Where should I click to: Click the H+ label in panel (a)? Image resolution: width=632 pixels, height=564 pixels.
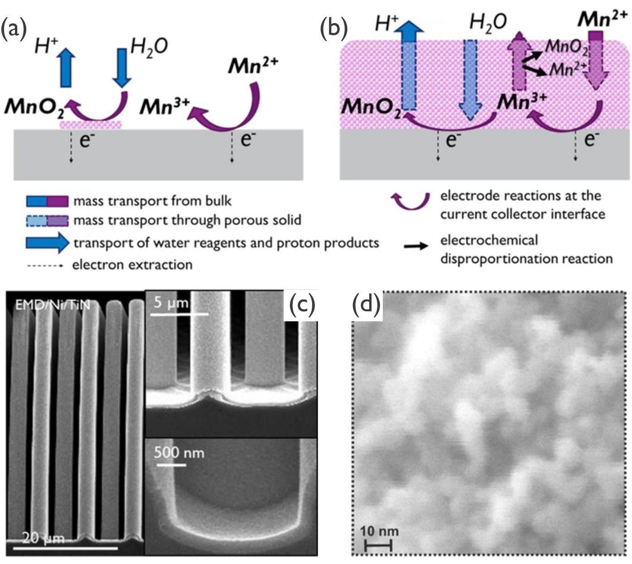(x=47, y=46)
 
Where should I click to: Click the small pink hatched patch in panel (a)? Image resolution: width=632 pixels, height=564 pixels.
(x=91, y=124)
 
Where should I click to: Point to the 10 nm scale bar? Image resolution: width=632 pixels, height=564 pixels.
(x=378, y=546)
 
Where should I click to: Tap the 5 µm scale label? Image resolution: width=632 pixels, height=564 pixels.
(x=170, y=303)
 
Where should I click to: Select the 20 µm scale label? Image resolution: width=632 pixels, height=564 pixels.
(x=43, y=538)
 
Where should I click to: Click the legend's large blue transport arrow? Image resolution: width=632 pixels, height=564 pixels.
(x=48, y=243)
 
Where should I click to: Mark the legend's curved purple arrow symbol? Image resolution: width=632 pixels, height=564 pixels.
(x=410, y=201)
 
